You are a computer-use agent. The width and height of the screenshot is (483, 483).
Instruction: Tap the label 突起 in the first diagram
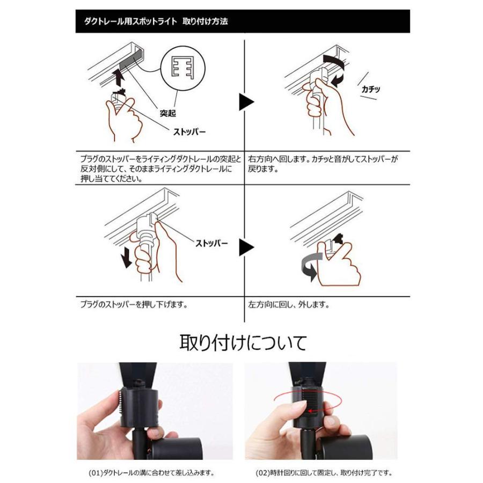coord(169,113)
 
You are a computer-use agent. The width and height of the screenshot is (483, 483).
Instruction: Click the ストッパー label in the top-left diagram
coord(189,131)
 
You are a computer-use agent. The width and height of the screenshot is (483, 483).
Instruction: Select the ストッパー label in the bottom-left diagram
coord(210,243)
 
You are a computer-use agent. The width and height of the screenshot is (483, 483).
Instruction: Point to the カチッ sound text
coord(371,89)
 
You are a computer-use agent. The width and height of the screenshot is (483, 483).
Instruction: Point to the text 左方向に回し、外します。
coord(289,305)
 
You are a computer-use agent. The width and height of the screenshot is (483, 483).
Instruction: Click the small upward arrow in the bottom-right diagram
coord(337,239)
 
